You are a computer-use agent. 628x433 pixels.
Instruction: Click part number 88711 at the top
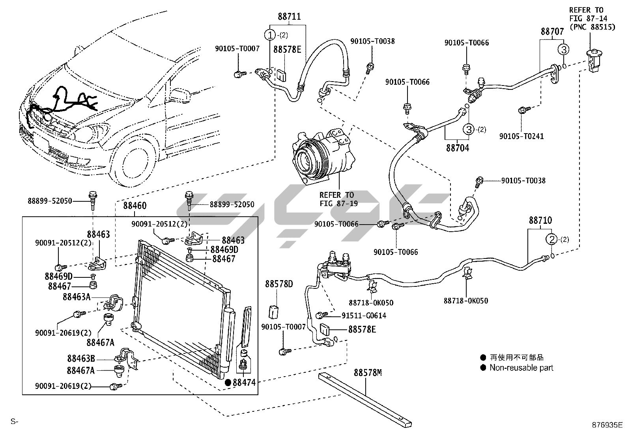(289, 17)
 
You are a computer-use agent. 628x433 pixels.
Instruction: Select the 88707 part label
(552, 32)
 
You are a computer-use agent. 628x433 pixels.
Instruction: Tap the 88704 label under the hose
(458, 148)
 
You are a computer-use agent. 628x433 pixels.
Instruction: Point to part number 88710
(540, 221)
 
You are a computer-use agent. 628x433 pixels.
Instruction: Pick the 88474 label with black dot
(244, 382)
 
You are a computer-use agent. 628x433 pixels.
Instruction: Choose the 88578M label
(368, 373)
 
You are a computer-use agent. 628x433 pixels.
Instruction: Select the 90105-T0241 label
(521, 136)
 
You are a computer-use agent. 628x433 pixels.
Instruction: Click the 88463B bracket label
(81, 359)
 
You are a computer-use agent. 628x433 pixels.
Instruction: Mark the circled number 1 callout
(270, 35)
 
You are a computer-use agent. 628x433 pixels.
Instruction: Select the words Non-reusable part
(521, 368)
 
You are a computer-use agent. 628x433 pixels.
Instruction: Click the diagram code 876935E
(607, 425)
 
